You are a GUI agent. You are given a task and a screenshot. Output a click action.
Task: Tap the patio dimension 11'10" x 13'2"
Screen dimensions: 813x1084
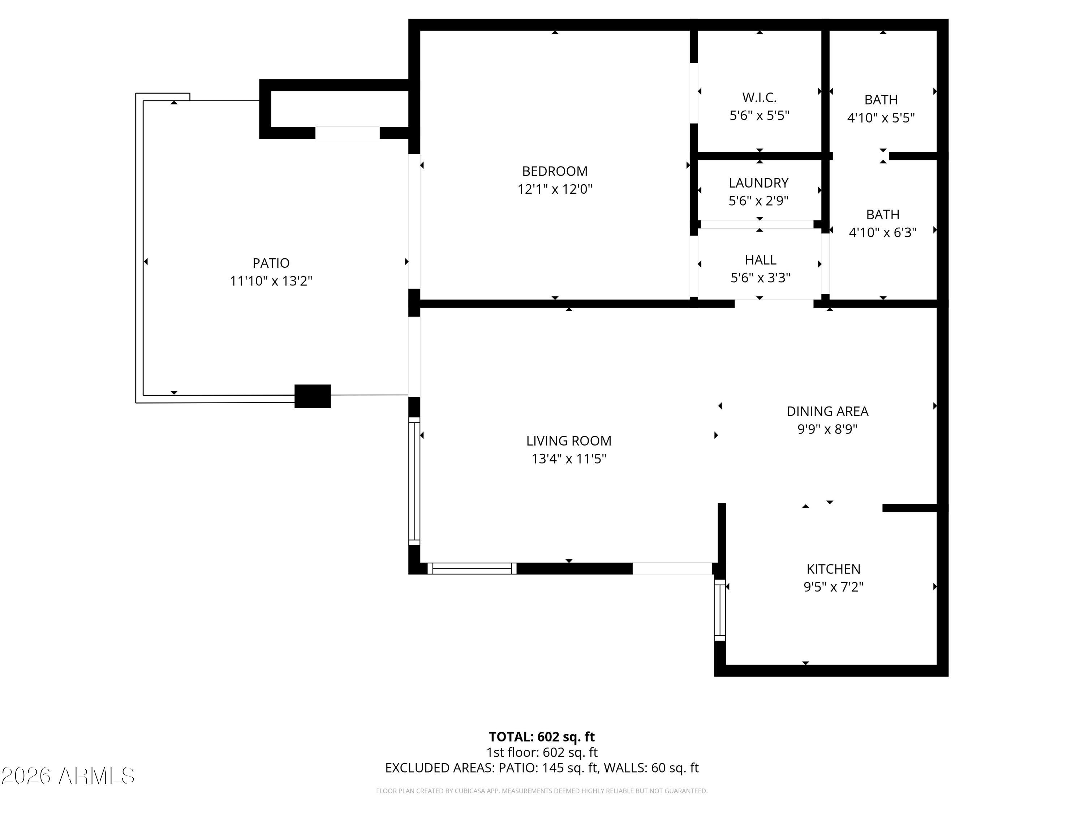pyautogui.click(x=271, y=281)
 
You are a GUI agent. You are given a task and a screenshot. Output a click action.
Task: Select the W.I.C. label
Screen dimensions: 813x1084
pyautogui.click(x=759, y=98)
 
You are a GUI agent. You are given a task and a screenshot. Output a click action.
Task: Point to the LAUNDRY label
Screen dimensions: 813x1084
pyautogui.click(x=758, y=183)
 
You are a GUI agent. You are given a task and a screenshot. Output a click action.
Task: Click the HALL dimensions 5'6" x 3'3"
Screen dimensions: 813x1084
pyautogui.click(x=760, y=278)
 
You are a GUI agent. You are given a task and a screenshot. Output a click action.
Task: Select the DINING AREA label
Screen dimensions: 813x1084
pyautogui.click(x=827, y=412)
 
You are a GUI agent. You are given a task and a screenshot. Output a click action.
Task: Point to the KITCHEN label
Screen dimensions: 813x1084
pyautogui.click(x=833, y=569)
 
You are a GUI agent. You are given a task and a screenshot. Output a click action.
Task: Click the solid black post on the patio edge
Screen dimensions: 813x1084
pyautogui.click(x=313, y=396)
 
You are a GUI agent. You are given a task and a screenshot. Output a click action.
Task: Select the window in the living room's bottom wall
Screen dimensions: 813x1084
pyautogui.click(x=472, y=568)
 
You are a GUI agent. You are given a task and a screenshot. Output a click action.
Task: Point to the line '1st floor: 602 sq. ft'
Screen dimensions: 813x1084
pyautogui.click(x=542, y=752)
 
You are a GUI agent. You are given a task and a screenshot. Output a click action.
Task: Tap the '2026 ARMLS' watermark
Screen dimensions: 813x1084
pyautogui.click(x=68, y=776)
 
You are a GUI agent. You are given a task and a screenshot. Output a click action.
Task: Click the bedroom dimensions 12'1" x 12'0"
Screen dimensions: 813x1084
pyautogui.click(x=554, y=189)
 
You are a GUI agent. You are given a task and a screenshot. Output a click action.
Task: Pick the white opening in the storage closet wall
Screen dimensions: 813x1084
pyautogui.click(x=347, y=133)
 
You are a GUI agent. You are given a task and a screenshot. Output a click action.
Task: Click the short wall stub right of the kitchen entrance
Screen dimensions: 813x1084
pyautogui.click(x=910, y=508)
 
